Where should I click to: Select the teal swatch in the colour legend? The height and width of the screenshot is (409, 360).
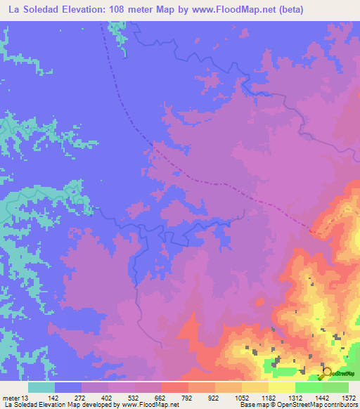click(41, 387)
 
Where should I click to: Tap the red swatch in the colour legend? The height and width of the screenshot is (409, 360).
click(174, 387)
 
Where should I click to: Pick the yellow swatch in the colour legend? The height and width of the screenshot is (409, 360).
click(281, 387)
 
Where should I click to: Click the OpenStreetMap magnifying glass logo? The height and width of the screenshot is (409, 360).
click(326, 373)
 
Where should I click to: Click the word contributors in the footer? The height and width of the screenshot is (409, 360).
click(339, 405)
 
